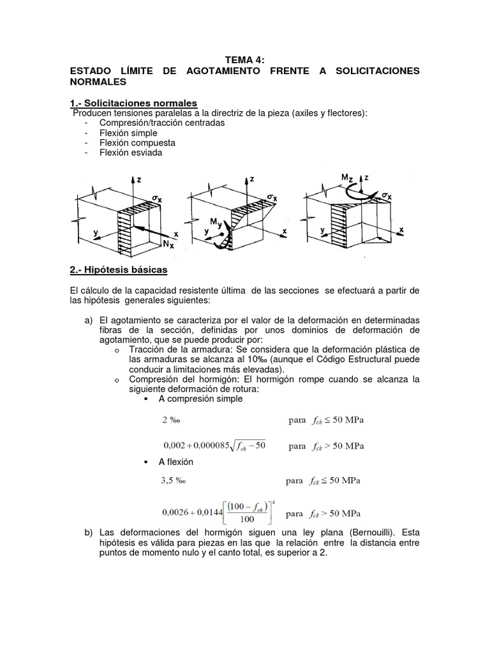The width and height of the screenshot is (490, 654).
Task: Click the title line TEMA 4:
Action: [x=245, y=60]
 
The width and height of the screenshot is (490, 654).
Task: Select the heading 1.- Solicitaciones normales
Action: [x=133, y=103]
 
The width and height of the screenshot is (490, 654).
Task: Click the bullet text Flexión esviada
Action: [x=131, y=153]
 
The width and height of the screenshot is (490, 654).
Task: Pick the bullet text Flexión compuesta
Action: [x=137, y=143]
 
